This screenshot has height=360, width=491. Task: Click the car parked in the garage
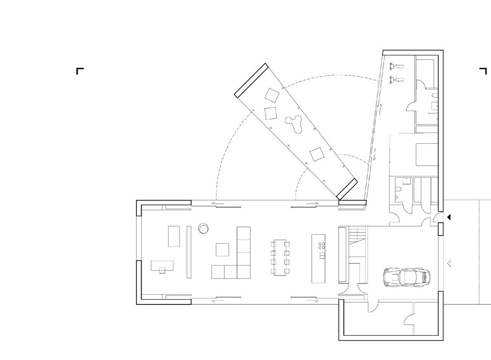(x=407, y=277)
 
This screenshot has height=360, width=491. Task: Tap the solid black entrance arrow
(x=449, y=217)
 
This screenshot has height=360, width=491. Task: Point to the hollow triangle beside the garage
(x=449, y=264)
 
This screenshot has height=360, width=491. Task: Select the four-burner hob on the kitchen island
(x=322, y=245)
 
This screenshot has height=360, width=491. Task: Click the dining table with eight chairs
(x=280, y=257)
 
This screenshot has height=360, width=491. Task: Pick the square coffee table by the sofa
(x=222, y=249)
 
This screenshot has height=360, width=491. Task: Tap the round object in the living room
(x=203, y=228)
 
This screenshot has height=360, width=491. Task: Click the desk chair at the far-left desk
(x=162, y=270)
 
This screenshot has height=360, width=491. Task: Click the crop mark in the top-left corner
(x=79, y=70)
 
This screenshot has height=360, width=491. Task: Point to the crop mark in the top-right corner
(x=483, y=70)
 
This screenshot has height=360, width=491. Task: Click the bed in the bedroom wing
(x=427, y=154)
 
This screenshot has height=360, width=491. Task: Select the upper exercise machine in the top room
(x=396, y=66)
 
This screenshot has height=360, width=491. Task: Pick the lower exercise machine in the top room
(x=396, y=80)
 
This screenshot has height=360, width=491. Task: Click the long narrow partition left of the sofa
(x=189, y=252)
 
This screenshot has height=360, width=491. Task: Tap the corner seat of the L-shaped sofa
(x=243, y=271)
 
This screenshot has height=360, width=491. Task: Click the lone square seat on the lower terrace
(x=317, y=154)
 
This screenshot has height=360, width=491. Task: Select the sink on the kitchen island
(x=322, y=255)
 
